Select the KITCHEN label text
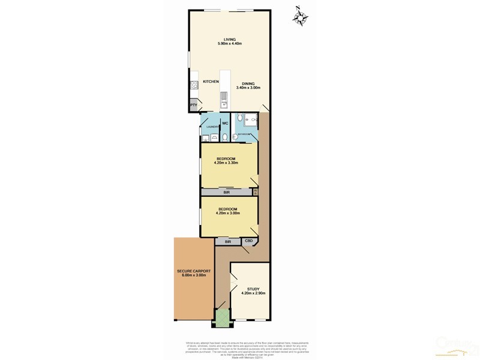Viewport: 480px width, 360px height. (x=211, y=81)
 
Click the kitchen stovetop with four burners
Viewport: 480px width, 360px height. (x=194, y=85)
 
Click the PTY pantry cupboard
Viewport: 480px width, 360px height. (x=194, y=106)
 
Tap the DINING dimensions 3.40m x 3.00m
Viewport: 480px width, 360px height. (x=248, y=88)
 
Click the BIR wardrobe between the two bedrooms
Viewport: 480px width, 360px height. (x=227, y=193)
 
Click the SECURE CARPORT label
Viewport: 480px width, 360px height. (x=193, y=274)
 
